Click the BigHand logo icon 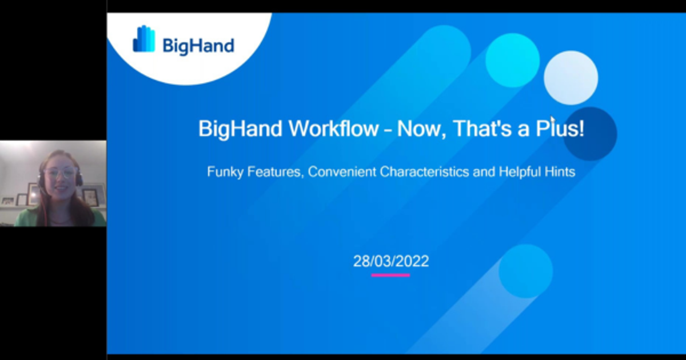[x=144, y=39]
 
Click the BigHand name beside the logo [x=198, y=45]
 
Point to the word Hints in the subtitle [x=559, y=171]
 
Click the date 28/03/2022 [x=390, y=262]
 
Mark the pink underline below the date [x=390, y=275]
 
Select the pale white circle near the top [x=571, y=78]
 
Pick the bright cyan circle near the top [x=512, y=60]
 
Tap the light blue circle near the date [x=525, y=271]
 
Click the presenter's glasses [x=60, y=171]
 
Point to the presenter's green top [x=34, y=218]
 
